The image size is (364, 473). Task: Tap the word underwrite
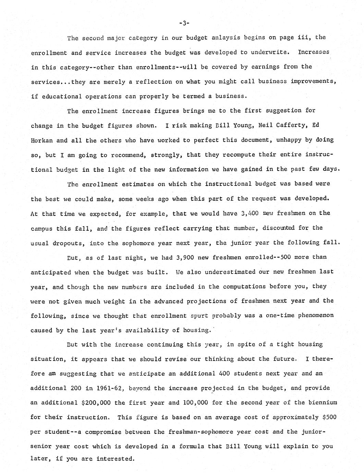(x=269, y=52)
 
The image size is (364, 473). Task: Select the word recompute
(x=239, y=155)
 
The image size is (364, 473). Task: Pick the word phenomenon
(x=315, y=315)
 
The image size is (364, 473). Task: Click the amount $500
(x=329, y=417)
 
